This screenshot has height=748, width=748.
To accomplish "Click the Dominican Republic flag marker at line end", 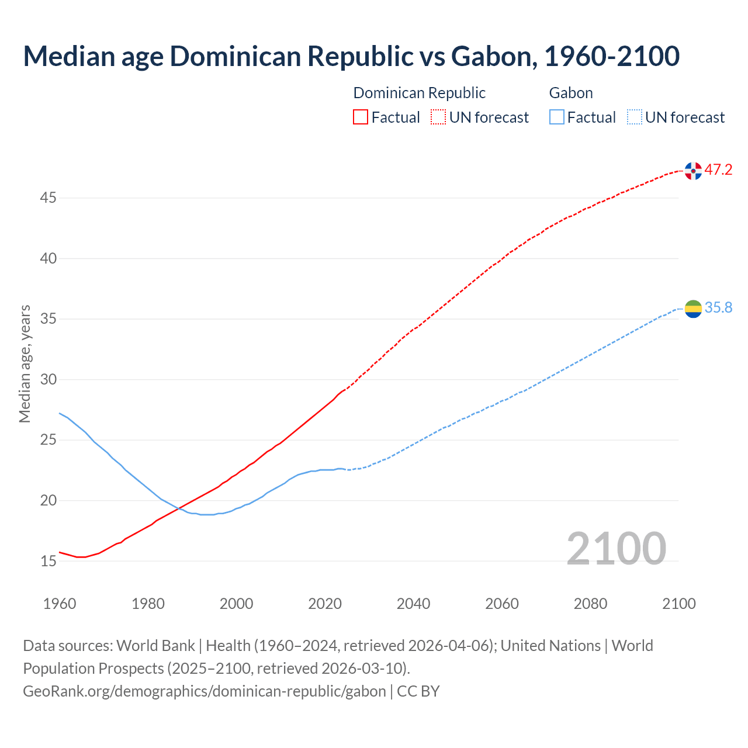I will tap(693, 171).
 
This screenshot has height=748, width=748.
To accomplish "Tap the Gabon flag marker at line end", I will tap(693, 309).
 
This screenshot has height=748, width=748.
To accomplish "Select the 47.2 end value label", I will tap(718, 170).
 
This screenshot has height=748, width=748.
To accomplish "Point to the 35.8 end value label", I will tap(718, 308).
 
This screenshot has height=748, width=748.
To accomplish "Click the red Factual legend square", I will tap(361, 117).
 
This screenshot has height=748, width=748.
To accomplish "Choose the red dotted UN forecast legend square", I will tap(438, 117).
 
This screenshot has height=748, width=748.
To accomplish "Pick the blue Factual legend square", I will tap(557, 117).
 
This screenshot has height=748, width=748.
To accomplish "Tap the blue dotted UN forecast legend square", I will tap(635, 117).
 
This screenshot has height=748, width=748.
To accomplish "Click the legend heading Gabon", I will tap(571, 93).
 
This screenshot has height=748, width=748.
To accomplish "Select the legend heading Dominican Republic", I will tap(419, 93).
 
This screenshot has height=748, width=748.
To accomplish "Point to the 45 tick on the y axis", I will tap(48, 198).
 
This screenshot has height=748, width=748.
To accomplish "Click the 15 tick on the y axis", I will tap(48, 561).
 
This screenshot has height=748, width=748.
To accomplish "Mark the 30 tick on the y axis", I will tap(48, 380).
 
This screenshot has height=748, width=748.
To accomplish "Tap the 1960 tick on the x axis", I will tap(60, 604).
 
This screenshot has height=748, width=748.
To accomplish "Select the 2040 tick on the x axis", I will tap(413, 604).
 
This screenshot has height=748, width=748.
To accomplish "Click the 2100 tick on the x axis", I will tap(679, 604).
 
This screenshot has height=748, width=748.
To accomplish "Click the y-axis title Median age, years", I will tap(25, 363).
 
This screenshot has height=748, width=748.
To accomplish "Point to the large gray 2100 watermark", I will tap(616, 548).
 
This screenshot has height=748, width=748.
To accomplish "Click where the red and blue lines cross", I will tap(178, 508).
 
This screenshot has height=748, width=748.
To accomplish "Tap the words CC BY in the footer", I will tap(418, 691).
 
